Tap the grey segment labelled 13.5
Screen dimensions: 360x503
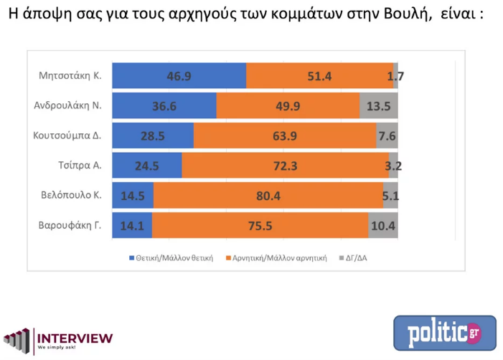[378, 106]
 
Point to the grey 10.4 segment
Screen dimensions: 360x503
[383, 225]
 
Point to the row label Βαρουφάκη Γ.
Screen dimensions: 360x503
[69, 224]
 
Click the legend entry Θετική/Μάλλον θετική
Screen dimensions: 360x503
[171, 257]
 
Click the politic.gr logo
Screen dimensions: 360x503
[444, 333]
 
